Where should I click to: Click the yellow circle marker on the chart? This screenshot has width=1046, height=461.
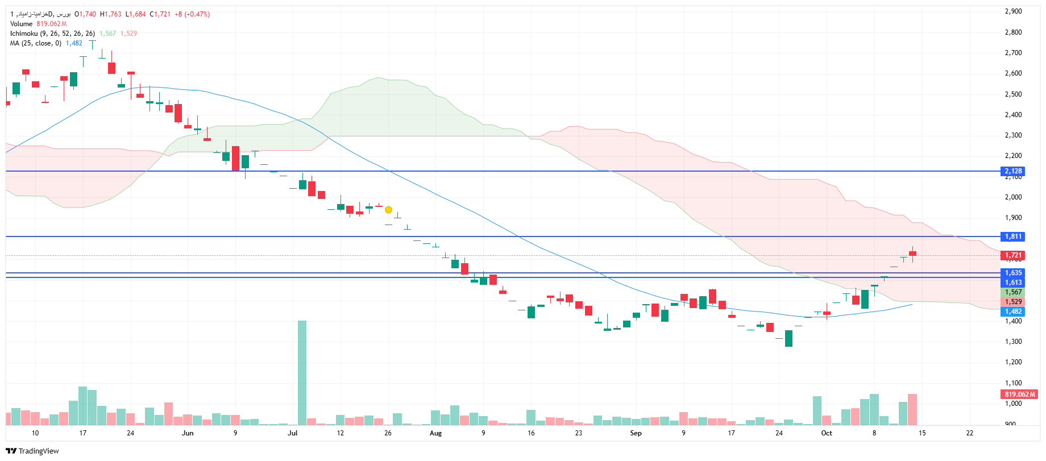click(388, 210)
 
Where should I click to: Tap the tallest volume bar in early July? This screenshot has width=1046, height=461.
click(302, 372)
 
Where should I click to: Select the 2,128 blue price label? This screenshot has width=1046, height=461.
click(1013, 171)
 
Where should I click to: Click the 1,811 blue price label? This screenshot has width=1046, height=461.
click(1013, 236)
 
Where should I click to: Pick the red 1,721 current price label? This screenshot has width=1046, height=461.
click(1013, 255)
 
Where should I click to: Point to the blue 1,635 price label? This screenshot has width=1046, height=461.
click(1013, 273)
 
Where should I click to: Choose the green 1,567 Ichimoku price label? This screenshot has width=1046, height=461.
click(1013, 292)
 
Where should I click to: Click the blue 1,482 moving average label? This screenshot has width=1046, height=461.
click(1013, 312)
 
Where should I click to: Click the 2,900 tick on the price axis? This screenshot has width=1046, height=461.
click(1013, 11)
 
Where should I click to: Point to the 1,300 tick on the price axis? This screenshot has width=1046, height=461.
click(1013, 342)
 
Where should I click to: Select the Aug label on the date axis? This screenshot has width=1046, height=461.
click(435, 433)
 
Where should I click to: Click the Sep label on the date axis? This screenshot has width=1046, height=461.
click(636, 433)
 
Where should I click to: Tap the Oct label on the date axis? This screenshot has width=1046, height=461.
click(827, 433)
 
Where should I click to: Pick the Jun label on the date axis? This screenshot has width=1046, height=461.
click(188, 433)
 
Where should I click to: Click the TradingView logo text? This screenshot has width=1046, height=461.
click(39, 451)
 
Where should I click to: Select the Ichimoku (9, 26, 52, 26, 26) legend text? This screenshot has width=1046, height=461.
click(52, 34)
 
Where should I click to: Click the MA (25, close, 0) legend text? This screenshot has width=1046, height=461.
click(35, 43)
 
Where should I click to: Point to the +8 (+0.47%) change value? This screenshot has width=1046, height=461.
click(192, 14)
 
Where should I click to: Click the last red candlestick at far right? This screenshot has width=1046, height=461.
click(912, 254)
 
